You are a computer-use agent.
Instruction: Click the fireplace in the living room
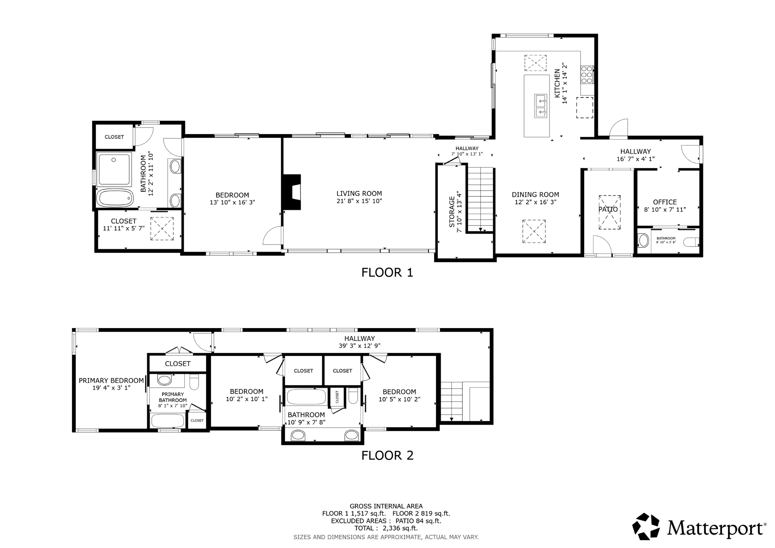click(292, 192)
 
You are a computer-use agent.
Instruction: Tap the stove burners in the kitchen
click(587, 75)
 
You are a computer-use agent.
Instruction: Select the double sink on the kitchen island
click(540, 106)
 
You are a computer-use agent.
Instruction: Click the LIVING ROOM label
click(359, 193)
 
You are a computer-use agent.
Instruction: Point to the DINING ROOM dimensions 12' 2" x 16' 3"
click(535, 202)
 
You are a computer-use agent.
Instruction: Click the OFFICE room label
click(665, 202)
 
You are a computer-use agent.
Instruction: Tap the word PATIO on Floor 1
click(608, 209)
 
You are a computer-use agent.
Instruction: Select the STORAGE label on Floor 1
click(452, 212)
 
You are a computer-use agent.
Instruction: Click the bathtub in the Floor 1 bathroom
click(115, 198)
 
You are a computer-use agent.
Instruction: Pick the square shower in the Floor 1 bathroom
click(114, 169)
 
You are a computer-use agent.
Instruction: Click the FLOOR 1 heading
click(387, 272)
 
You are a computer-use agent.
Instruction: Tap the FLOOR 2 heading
click(387, 455)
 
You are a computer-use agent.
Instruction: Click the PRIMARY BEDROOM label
click(111, 381)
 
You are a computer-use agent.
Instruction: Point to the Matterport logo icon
click(646, 526)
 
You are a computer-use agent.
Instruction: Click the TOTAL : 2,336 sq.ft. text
click(386, 528)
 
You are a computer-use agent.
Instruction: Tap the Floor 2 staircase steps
click(452, 401)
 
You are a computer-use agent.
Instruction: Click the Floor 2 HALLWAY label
click(359, 339)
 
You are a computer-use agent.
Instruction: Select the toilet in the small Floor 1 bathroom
click(691, 242)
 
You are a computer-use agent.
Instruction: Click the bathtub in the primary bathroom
click(168, 421)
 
